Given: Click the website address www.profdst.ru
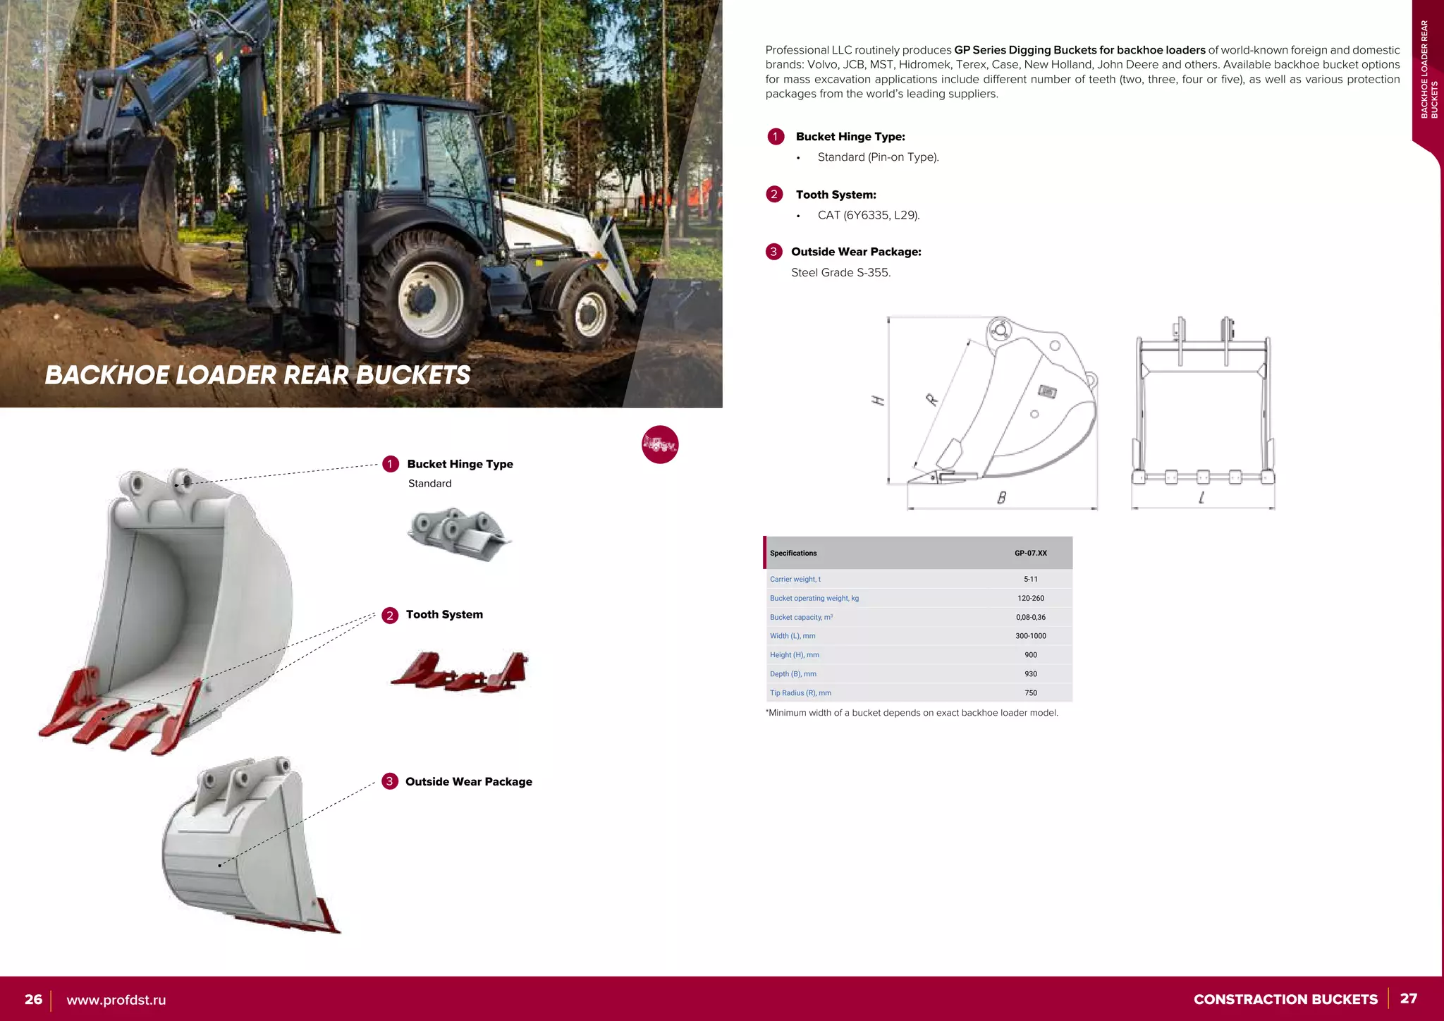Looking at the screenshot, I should click(116, 1000).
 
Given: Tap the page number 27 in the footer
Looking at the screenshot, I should click(1408, 998).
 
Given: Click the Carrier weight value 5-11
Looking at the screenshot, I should click(1030, 579).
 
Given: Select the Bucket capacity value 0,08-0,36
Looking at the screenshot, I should click(1030, 617).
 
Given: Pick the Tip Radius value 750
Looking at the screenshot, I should click(1030, 692).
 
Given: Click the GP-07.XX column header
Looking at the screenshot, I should click(1030, 553).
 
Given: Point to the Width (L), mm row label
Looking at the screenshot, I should click(793, 635).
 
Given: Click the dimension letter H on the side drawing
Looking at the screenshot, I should click(878, 401).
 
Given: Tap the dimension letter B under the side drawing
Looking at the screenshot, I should click(1001, 498).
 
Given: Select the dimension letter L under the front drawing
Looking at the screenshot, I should click(1201, 498).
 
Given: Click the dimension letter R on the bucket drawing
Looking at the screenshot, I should click(932, 400).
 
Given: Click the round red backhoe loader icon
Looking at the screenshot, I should click(660, 444).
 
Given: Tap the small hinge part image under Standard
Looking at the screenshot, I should click(459, 534).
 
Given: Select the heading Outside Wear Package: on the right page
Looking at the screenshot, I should click(856, 252).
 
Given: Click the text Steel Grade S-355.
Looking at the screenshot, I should click(840, 272).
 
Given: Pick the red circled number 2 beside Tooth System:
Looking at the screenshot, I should click(774, 194).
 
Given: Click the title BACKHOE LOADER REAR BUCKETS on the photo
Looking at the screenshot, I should click(257, 375).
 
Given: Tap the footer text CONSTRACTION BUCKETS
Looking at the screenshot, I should click(1285, 999).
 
